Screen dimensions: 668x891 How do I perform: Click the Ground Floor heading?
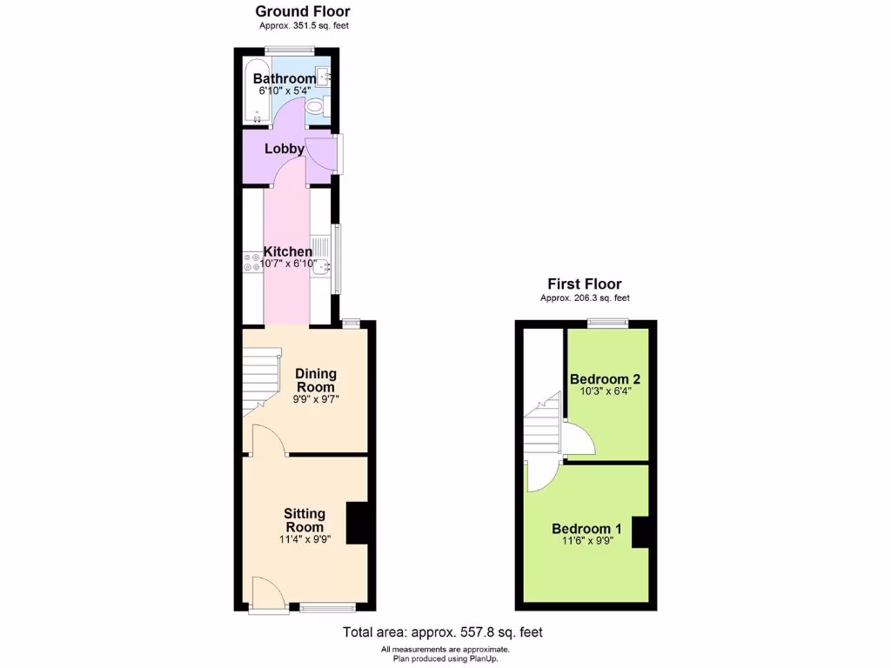(x=302, y=11)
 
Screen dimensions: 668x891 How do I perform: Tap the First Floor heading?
(x=584, y=284)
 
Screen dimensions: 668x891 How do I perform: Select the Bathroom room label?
(x=285, y=78)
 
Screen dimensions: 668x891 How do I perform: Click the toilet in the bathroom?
(x=315, y=107)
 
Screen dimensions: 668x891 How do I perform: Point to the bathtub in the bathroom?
(x=257, y=91)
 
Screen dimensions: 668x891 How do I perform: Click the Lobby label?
(x=285, y=149)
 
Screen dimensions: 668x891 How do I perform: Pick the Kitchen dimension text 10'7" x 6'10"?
(x=288, y=264)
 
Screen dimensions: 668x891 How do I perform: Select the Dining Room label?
(x=315, y=380)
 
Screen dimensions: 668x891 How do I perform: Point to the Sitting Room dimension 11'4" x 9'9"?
(x=305, y=539)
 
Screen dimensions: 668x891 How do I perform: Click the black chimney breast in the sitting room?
(x=357, y=523)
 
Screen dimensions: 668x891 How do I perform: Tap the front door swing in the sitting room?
(x=266, y=592)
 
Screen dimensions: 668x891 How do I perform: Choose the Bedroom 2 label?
(x=605, y=379)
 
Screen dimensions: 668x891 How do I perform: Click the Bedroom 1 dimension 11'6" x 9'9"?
(x=586, y=540)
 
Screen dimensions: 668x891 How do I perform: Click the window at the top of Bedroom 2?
(x=606, y=324)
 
